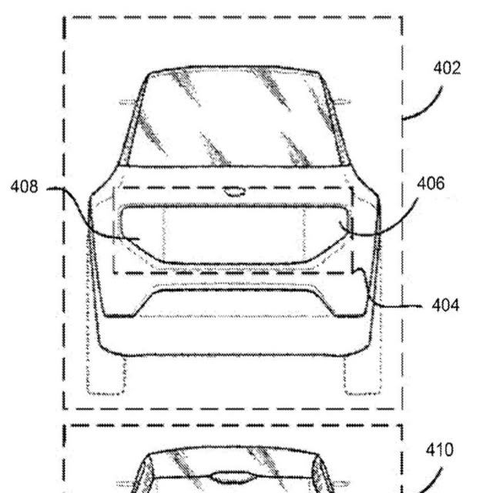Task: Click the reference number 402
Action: pyautogui.click(x=447, y=68)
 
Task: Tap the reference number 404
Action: pyautogui.click(x=445, y=305)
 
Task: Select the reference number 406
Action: pyautogui.click(x=431, y=183)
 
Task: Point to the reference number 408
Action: pyautogui.click(x=24, y=186)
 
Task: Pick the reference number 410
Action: pyautogui.click(x=440, y=450)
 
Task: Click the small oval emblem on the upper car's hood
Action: pyautogui.click(x=234, y=192)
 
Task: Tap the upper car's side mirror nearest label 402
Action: pyautogui.click(x=342, y=102)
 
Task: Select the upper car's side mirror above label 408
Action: pyautogui.click(x=127, y=102)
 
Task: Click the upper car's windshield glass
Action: pyautogui.click(x=234, y=117)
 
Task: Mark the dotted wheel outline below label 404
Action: pyautogui.click(x=363, y=376)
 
